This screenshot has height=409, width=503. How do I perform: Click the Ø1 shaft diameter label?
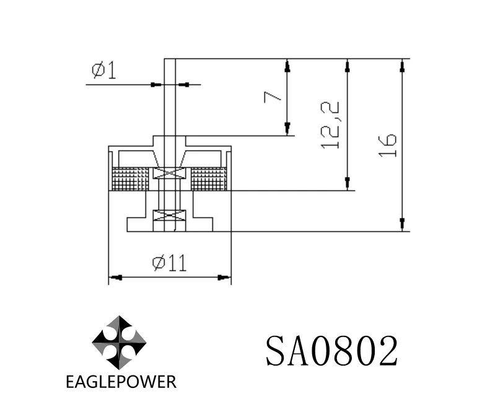tap(103, 71)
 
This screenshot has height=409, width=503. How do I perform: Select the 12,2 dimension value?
tap(331, 125)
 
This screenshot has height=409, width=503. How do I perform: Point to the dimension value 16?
tap(388, 144)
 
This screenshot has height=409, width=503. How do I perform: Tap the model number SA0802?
tap(331, 351)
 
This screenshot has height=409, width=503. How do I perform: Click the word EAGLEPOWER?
tap(121, 381)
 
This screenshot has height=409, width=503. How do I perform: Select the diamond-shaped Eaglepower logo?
tap(119, 342)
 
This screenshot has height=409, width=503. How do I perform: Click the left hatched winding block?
tap(130, 179)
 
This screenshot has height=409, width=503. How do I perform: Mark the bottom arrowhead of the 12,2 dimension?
tap(348, 185)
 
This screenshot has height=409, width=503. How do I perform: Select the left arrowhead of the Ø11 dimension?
tap(115, 277)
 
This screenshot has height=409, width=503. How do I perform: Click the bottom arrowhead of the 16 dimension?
tap(403, 225)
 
